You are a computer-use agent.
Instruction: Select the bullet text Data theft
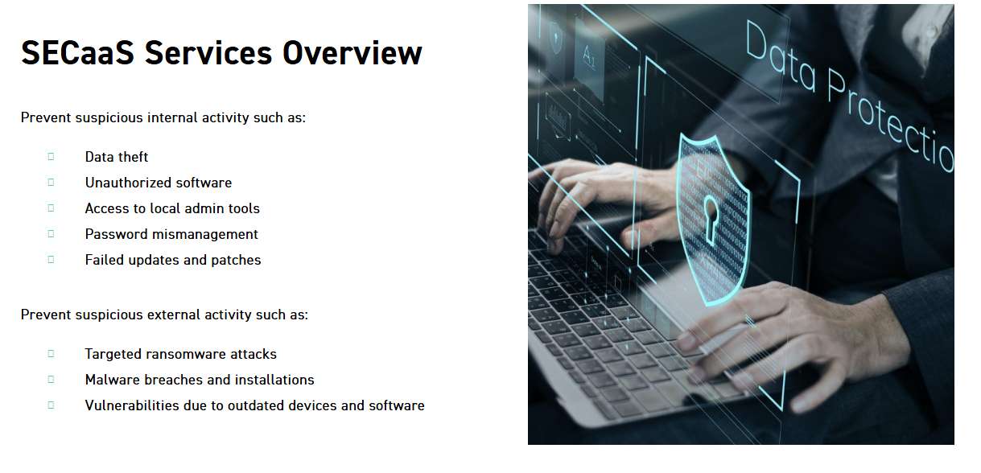117,157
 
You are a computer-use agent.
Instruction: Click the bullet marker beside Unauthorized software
51,182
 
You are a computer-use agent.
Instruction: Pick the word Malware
112,380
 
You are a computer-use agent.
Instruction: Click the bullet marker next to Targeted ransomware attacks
51,353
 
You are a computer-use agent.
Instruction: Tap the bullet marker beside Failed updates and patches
51,259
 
